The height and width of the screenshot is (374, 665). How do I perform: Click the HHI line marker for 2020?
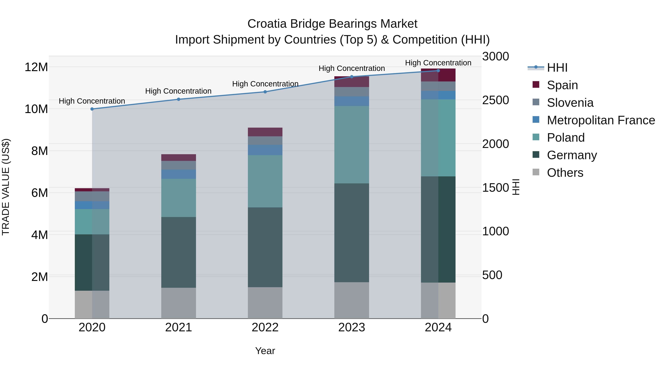point(92,109)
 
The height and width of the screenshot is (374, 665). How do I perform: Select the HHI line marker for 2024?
point(438,71)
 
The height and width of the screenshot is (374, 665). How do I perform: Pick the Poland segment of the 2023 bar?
point(352,145)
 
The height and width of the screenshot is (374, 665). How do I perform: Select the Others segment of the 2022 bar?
point(265,303)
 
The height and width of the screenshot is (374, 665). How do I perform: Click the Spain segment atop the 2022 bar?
point(265,132)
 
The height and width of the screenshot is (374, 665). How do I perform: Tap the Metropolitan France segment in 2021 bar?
point(178,174)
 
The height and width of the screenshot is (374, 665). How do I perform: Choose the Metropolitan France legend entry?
point(601,120)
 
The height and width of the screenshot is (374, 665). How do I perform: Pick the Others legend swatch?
point(536,172)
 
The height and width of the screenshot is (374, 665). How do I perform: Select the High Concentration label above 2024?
point(438,63)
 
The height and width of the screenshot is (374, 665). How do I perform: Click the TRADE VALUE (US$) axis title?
point(6,187)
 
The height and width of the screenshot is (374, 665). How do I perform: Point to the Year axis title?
point(265,351)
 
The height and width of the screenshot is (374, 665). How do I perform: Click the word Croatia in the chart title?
point(267,24)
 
